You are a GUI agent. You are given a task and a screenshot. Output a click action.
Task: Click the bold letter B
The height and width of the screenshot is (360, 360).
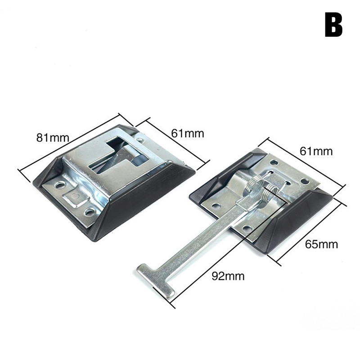[333, 25]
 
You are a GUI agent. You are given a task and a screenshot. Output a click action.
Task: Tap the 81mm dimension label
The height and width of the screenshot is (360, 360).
[53, 138]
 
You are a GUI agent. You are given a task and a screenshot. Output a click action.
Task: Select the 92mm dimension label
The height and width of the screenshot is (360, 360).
[228, 276]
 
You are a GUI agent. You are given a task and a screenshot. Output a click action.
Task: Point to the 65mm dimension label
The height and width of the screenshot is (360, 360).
[321, 244]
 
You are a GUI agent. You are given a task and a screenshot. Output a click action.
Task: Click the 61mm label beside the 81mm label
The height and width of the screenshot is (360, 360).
[188, 133]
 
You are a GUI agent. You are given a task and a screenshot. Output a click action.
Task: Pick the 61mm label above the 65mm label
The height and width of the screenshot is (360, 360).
[316, 151]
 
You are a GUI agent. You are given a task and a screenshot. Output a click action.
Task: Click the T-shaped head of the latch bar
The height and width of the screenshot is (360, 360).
[156, 279]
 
